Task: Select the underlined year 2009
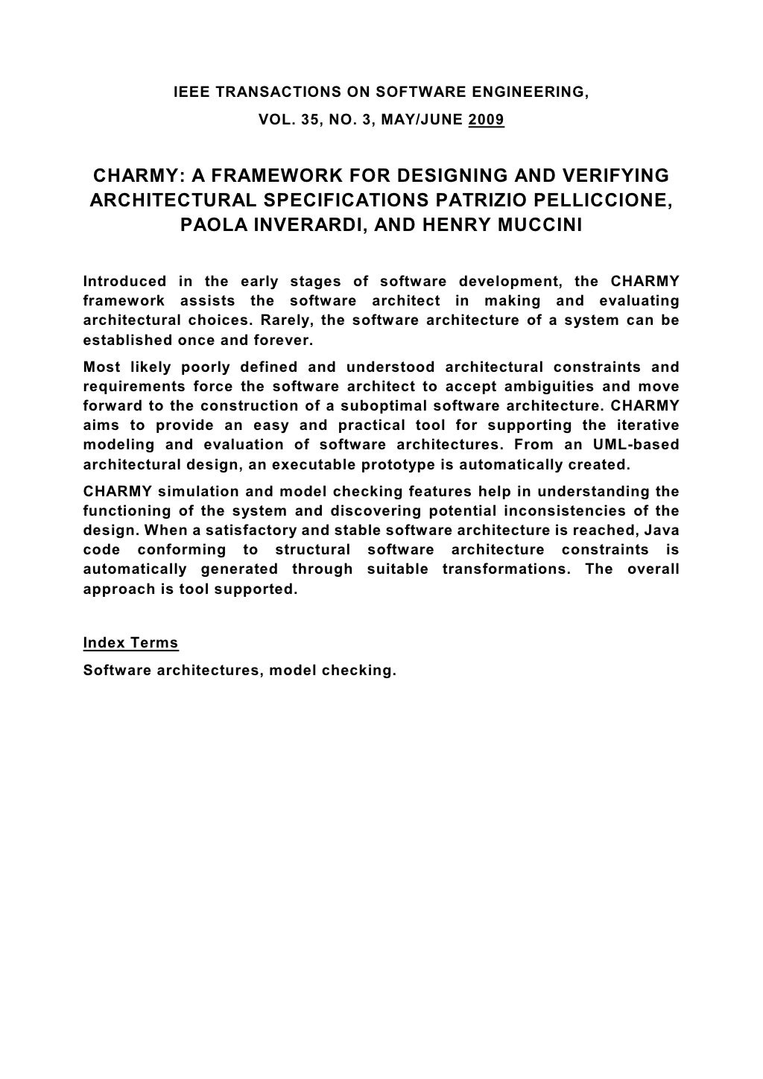point(487,119)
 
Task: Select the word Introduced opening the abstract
point(124,282)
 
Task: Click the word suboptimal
point(382,406)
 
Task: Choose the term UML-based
point(642,445)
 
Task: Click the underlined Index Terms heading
point(130,643)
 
